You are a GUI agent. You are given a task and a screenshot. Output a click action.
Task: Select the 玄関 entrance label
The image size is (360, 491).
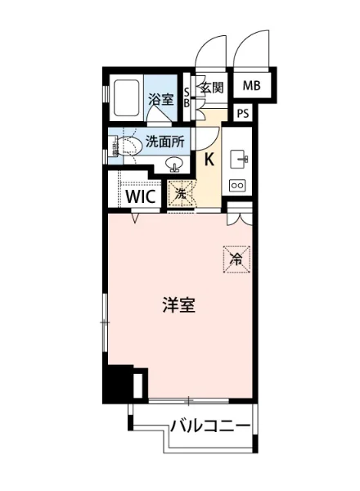(211, 88)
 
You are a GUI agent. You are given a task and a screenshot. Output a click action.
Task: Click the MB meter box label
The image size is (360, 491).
(251, 85)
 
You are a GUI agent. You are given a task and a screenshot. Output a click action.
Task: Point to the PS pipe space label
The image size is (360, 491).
(244, 114)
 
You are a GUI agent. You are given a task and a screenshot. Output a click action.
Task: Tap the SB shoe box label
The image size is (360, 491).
(187, 97)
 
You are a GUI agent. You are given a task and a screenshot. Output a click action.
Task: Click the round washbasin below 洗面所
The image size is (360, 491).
(174, 163)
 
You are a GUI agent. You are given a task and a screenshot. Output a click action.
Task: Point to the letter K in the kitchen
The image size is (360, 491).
(209, 159)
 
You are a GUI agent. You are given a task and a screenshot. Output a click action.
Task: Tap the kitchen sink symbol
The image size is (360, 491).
(239, 156)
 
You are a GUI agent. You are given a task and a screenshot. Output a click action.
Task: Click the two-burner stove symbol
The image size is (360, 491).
(238, 186)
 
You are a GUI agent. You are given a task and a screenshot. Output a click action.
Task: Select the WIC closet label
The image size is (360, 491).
(142, 196)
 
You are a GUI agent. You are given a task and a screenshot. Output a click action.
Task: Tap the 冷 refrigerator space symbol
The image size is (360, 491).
(235, 259)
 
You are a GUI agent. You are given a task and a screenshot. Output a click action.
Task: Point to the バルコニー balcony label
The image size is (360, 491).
(211, 426)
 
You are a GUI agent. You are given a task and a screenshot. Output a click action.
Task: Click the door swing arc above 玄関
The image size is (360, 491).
(211, 49)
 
